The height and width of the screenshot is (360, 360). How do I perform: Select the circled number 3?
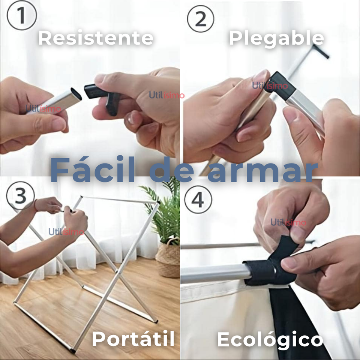click(21, 195)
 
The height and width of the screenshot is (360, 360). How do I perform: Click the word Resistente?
click(96, 38)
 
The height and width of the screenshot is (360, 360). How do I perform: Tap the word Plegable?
click(276, 38)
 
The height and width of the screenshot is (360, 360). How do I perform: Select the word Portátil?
click(133, 339)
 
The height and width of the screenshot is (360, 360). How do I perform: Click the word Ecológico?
click(270, 340)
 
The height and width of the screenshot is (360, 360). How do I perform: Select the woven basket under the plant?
click(168, 259)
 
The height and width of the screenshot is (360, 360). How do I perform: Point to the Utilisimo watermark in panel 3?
click(66, 232)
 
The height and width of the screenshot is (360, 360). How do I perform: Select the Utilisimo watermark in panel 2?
click(270, 86)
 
